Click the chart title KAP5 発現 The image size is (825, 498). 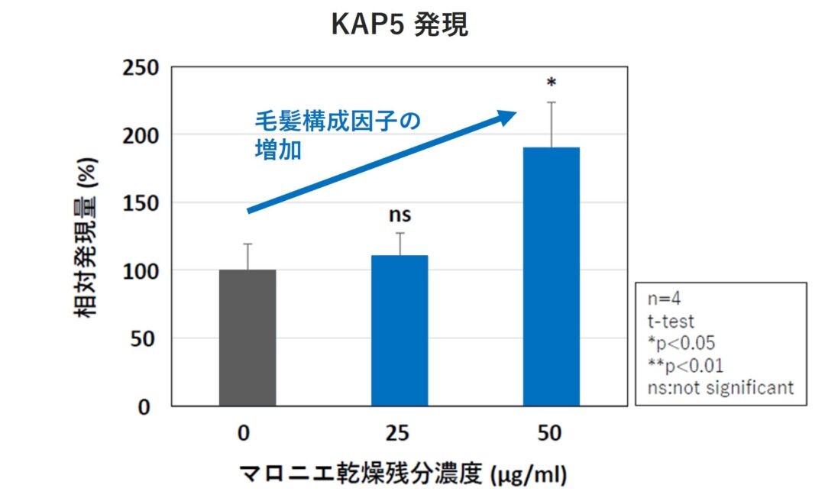400,25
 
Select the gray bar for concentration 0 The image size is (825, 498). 247,338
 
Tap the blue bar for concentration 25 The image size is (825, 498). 400,330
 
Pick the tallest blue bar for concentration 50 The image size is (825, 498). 551,276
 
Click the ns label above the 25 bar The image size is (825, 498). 400,216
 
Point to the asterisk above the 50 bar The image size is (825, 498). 551,82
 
